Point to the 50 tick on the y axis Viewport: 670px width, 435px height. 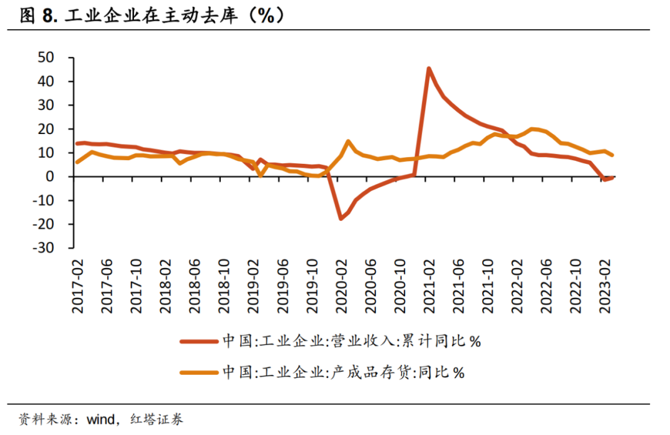pos(47,58)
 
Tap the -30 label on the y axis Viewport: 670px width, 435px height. pos(44,248)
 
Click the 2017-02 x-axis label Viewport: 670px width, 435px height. pos(78,286)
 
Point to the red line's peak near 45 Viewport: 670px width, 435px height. pos(429,69)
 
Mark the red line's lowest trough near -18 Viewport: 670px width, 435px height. pos(341,218)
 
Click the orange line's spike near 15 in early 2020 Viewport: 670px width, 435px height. pos(348,141)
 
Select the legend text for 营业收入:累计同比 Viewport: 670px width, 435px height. pos(352,341)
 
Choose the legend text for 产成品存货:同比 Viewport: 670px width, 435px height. pos(343,372)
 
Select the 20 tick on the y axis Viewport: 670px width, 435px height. pos(47,129)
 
